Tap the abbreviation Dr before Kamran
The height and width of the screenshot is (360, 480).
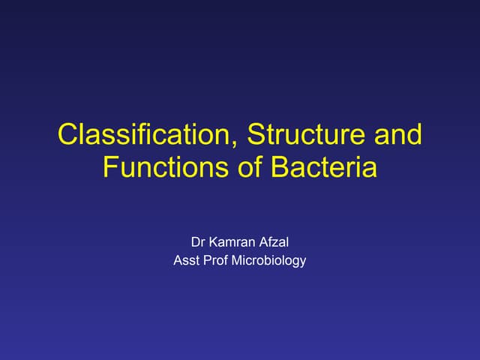[x=199, y=242]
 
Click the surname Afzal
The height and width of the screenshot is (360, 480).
[x=273, y=242]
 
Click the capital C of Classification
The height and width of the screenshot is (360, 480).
[x=68, y=136]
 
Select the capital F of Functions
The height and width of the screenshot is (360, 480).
[x=110, y=166]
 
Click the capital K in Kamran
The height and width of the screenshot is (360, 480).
[x=214, y=242]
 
